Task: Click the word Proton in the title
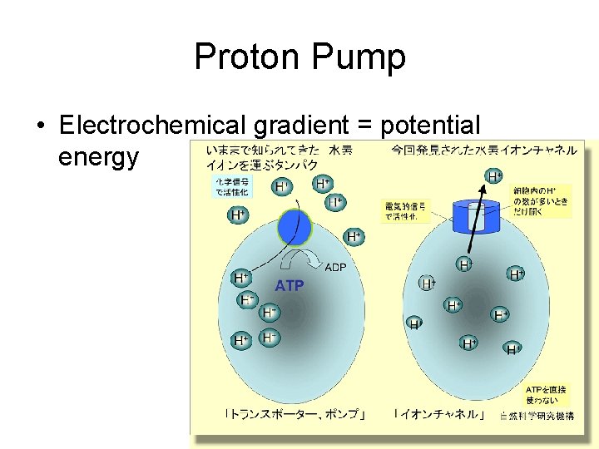pos(247,57)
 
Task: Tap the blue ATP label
pos(290,286)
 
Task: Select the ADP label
pos(335,267)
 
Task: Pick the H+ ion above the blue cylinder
pos(494,176)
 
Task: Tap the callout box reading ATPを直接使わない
pos(545,394)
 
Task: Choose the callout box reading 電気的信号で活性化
pos(405,211)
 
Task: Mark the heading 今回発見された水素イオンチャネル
pos(483,150)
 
